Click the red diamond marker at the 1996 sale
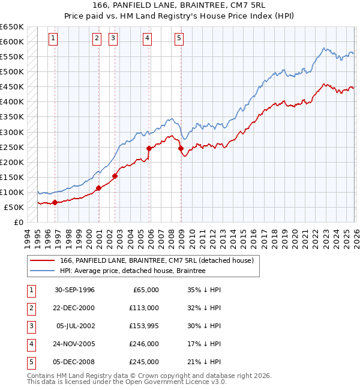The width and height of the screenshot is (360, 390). click(x=55, y=202)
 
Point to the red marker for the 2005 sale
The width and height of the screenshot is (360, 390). click(x=149, y=148)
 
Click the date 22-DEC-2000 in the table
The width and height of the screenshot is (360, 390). click(x=74, y=308)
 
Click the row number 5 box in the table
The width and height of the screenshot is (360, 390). click(x=29, y=362)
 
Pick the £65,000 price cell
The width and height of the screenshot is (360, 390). click(x=145, y=290)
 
